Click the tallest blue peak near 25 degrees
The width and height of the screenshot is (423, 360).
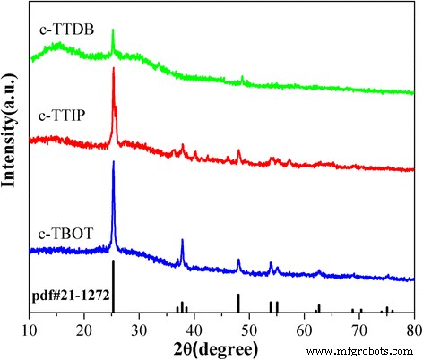click(x=113, y=163)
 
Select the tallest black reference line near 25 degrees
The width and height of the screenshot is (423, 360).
click(x=113, y=287)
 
